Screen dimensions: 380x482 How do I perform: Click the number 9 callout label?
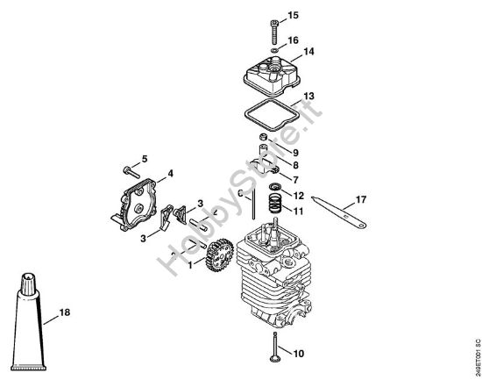click(x=295, y=152)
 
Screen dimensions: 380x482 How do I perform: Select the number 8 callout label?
click(x=295, y=164)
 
